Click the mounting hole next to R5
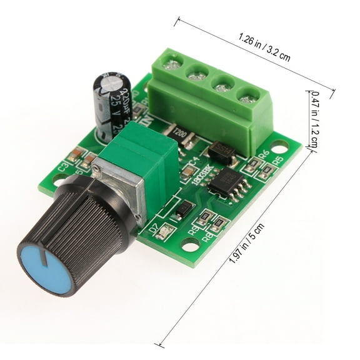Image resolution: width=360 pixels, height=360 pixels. point(282,146)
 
